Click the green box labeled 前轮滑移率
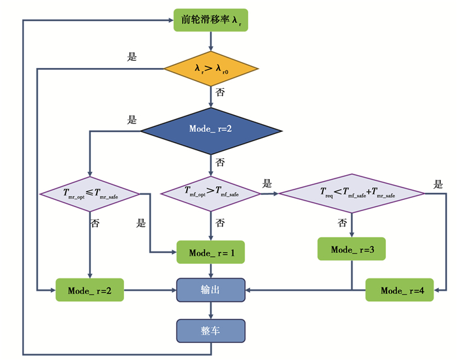coord(211,20)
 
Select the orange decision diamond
coord(211,68)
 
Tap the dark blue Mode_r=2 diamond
coord(211,129)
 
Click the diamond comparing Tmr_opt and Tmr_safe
coord(89,193)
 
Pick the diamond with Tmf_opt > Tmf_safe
coord(210,192)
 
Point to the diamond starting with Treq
coord(353,193)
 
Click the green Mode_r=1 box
coord(211,252)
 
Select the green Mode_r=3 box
coord(353,250)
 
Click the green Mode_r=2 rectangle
coord(89,290)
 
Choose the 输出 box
coord(211,289)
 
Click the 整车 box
coord(211,331)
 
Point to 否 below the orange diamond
coord(220,92)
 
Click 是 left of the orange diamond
coord(132,57)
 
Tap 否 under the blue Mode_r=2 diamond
coord(220,162)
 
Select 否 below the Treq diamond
coord(341,223)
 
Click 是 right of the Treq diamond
coord(438,184)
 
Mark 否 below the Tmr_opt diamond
coord(95,223)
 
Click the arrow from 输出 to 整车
coord(211,310)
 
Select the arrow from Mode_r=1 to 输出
coord(211,270)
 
